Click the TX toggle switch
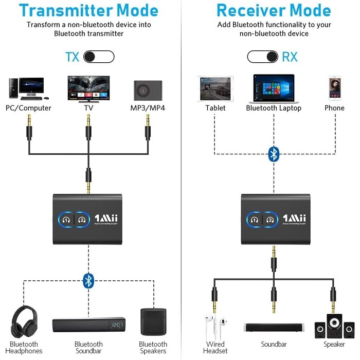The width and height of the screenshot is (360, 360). point(99,57)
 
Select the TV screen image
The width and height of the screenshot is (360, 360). point(89,88)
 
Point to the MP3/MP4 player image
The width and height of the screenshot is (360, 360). point(148,90)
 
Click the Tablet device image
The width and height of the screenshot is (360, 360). point(215,88)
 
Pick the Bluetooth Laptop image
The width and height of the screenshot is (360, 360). point(273,88)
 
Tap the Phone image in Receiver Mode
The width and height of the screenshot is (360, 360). point(334,88)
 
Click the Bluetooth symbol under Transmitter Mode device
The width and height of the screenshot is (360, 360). point(89,280)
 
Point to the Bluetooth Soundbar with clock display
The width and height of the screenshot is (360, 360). point(88,325)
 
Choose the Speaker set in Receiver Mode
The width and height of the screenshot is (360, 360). point(334,325)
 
